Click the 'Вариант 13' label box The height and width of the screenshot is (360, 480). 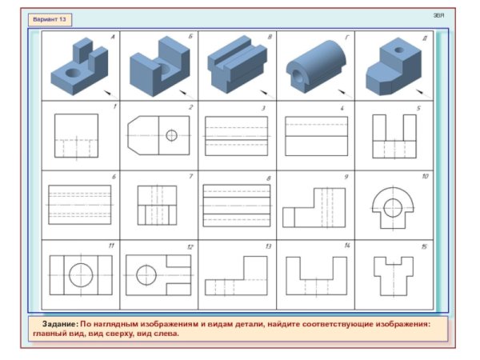(x=49, y=18)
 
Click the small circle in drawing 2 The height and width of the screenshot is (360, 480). (x=171, y=135)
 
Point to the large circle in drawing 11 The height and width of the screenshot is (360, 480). (x=80, y=275)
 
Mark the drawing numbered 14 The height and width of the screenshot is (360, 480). (x=315, y=277)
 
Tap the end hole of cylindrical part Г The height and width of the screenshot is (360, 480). (x=300, y=77)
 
